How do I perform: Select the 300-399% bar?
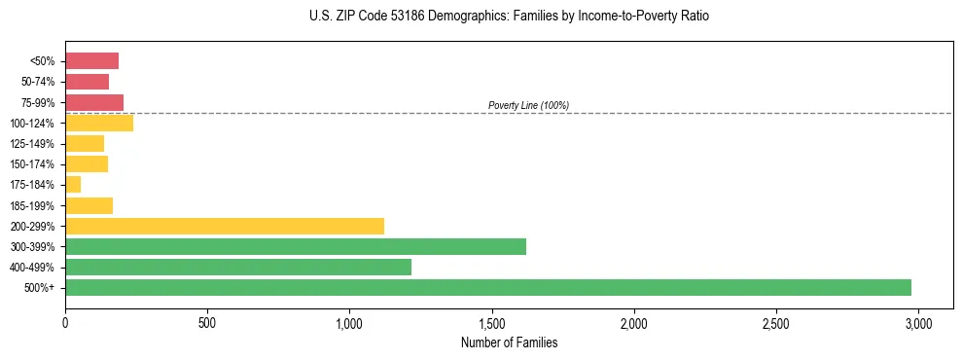(x=296, y=246)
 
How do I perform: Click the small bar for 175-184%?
(x=73, y=184)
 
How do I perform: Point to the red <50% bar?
(x=91, y=61)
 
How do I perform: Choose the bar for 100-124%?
(x=99, y=123)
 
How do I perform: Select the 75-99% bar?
(x=94, y=102)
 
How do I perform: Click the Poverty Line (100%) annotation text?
(x=528, y=105)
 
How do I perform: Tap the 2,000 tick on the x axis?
(x=634, y=322)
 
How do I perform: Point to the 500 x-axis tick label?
(x=207, y=322)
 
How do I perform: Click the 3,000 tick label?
(x=918, y=322)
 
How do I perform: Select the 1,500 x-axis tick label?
(x=492, y=322)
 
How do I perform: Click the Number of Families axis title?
(x=509, y=342)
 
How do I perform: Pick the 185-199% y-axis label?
(x=33, y=205)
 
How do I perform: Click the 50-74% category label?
(x=36, y=82)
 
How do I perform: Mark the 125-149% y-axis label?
(x=33, y=143)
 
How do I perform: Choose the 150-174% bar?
(x=87, y=163)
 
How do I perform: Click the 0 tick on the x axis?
(x=65, y=322)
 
